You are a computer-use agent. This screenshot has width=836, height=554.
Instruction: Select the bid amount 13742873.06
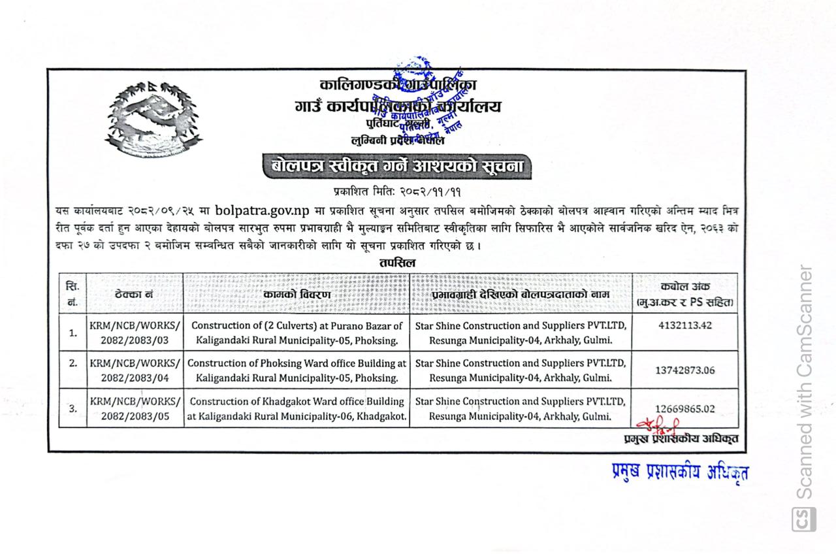[x=685, y=370]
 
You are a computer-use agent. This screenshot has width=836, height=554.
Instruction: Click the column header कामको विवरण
[x=297, y=295]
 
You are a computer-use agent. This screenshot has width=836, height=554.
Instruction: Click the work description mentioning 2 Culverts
[x=297, y=332]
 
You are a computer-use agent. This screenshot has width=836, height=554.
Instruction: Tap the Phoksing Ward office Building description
[x=297, y=370]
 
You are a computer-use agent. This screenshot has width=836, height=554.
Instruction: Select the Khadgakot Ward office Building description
[x=297, y=408]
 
